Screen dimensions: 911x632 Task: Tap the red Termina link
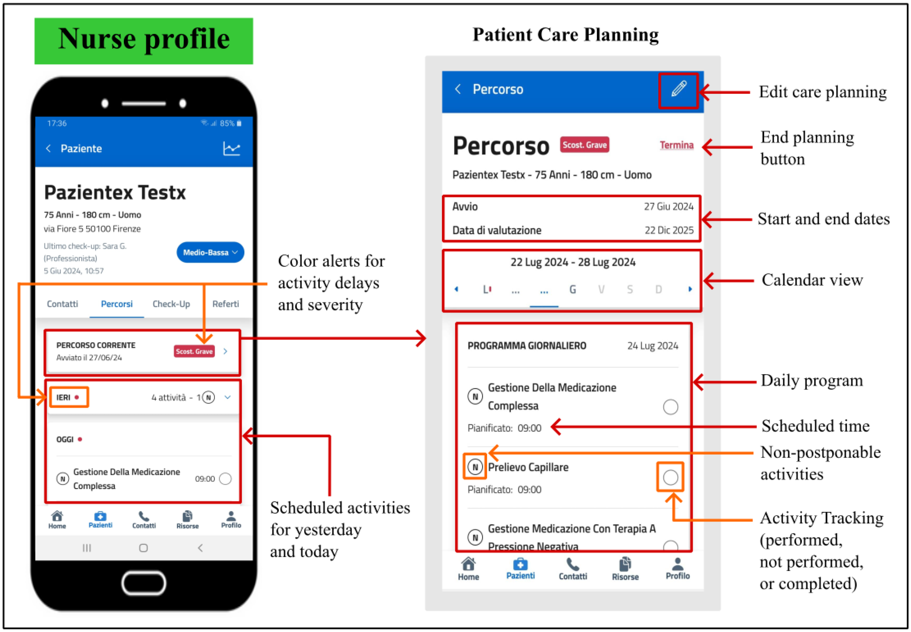[x=676, y=145]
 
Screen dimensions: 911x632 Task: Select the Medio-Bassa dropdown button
[x=210, y=252]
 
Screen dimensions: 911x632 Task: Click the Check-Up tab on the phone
[x=171, y=304]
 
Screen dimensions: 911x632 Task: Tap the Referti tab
[x=225, y=304]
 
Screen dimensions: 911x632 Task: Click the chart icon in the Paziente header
[x=231, y=149]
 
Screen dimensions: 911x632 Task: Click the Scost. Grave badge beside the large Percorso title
[x=584, y=145]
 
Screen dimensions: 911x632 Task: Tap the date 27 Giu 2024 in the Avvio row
[x=668, y=207]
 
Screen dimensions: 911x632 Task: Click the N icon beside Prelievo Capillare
[x=475, y=467]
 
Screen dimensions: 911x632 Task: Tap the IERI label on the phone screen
[x=63, y=397]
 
